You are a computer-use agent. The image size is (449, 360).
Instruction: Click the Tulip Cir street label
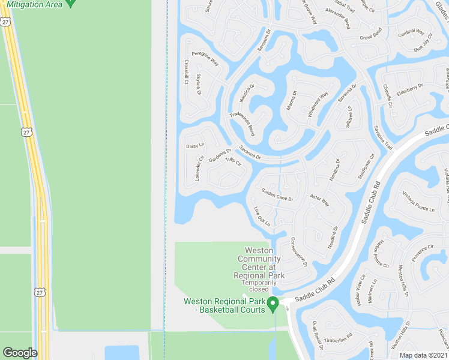pyautogui.click(x=234, y=161)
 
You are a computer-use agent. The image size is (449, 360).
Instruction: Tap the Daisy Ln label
pyautogui.click(x=195, y=146)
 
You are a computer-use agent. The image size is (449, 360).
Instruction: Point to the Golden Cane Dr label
pyautogui.click(x=277, y=194)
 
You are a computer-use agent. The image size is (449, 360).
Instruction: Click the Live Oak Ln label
pyautogui.click(x=262, y=216)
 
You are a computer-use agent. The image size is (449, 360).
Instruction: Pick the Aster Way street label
pyautogui.click(x=319, y=199)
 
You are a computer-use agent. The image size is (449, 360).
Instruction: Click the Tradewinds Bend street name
pyautogui.click(x=243, y=123)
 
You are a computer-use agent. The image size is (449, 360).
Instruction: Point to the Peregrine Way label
pyautogui.click(x=205, y=58)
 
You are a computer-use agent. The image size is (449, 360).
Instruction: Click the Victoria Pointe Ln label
pyautogui.click(x=418, y=202)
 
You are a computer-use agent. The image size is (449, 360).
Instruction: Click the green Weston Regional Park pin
pyautogui.click(x=272, y=304)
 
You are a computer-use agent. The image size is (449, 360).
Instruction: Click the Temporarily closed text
pyautogui.click(x=259, y=286)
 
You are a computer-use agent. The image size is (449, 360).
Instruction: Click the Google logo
pyautogui.click(x=20, y=353)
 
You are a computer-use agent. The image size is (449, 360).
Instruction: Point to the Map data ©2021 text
pyautogui.click(x=423, y=355)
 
